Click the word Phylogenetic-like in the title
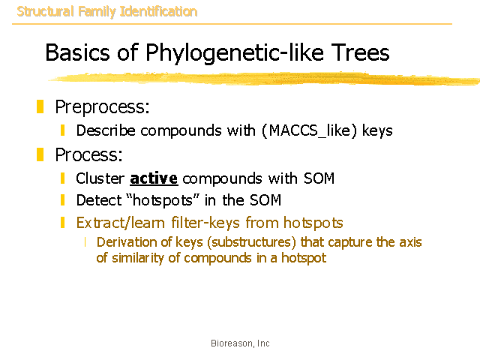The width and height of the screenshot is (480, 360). pos(235,53)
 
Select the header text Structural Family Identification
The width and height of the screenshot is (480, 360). pos(107,12)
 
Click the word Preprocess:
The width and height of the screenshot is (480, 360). pos(102,106)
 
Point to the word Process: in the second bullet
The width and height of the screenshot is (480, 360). pos(88,154)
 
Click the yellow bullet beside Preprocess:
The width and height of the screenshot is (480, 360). pos(40,106)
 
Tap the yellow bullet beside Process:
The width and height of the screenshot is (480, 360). pos(40,154)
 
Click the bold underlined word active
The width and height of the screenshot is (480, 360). pos(154,178)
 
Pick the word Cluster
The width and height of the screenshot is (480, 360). pos(100,178)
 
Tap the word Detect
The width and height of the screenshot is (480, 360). pos(99,200)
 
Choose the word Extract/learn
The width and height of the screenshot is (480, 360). pos(120,223)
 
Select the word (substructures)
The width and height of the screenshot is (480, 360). pos(252,242)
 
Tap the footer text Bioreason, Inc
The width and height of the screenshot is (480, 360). pos(240,343)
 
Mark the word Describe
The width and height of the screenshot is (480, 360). pos(106,130)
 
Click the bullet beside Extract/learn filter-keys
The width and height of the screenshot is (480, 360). pos(63,223)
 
